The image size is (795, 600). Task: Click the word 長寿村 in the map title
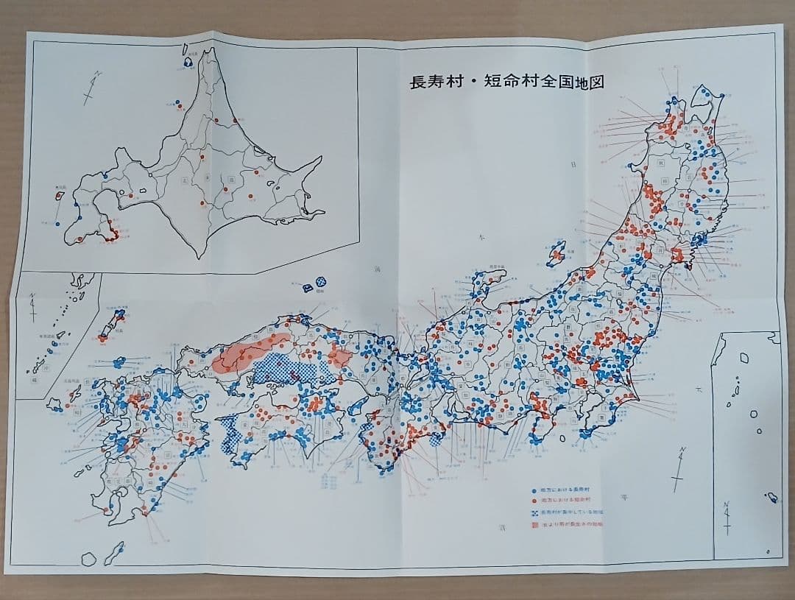[x=432, y=82]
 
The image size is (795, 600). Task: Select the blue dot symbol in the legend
[x=534, y=490]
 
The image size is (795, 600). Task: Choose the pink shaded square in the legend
[x=534, y=526]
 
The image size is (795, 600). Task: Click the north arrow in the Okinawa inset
[x=33, y=305]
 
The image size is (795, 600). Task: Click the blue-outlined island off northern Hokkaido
[x=188, y=63]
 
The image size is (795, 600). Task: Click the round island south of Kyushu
[x=88, y=558]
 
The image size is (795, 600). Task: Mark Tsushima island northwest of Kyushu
[x=116, y=322]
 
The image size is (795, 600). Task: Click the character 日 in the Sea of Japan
[x=572, y=165]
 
